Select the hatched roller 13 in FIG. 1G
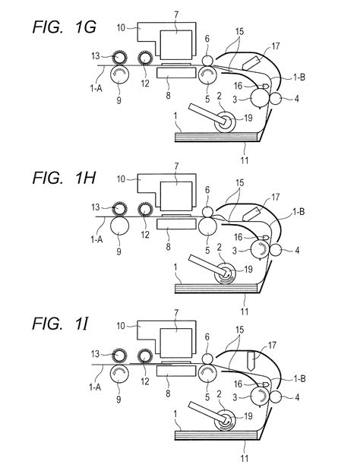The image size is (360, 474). (x=119, y=57)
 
